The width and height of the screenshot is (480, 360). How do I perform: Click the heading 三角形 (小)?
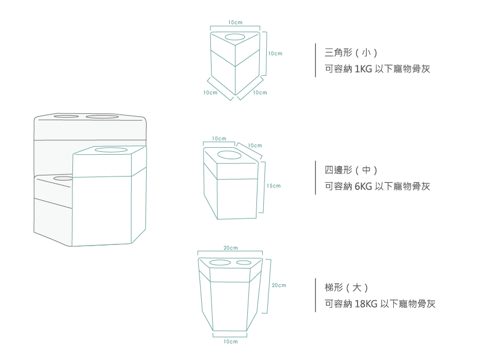tap(351, 53)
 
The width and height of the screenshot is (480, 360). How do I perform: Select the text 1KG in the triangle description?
tap(363, 69)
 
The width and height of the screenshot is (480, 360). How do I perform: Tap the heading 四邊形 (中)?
tap(351, 170)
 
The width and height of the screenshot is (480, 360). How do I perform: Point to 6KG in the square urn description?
tap(364, 186)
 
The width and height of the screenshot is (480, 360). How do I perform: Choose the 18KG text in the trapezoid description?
tap(366, 304)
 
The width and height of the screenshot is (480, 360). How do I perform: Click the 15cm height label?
tap(274, 186)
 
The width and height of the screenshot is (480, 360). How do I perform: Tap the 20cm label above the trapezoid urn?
tap(230, 248)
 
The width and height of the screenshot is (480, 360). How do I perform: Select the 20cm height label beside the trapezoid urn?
tap(279, 285)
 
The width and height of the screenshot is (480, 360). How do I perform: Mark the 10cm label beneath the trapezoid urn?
tap(230, 342)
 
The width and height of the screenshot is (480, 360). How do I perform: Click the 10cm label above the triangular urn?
tap(235, 22)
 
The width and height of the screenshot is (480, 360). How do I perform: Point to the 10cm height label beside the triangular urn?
tap(275, 53)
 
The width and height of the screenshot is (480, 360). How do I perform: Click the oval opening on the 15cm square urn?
tap(230, 155)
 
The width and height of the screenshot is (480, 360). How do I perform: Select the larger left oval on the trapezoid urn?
tap(220, 263)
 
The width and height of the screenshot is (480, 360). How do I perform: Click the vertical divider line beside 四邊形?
tap(316, 178)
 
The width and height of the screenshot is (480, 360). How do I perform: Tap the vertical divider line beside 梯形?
tap(316, 295)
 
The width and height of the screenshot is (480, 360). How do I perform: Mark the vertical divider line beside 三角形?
tap(316, 60)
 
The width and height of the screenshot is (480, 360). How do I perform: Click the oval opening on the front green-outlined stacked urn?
tap(112, 150)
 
